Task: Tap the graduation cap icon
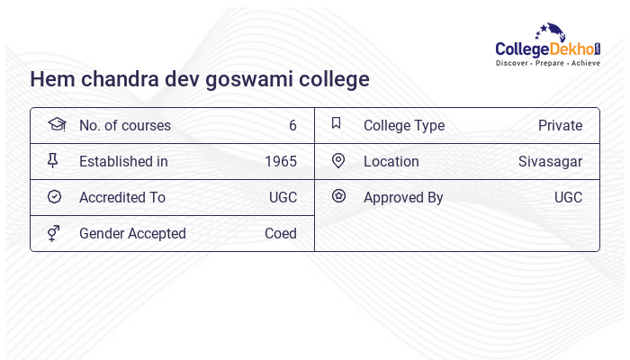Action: pyautogui.click(x=55, y=124)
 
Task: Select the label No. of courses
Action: pyautogui.click(x=124, y=125)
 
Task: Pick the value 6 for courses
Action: pyautogui.click(x=292, y=125)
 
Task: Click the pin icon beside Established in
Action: pyautogui.click(x=54, y=161)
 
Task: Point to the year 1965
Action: pyautogui.click(x=281, y=161)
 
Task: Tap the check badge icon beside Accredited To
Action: pyautogui.click(x=54, y=197)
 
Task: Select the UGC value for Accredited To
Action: pyautogui.click(x=283, y=197)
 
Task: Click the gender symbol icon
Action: pyautogui.click(x=54, y=233)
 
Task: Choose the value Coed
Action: pyautogui.click(x=281, y=233)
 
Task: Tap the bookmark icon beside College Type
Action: pyautogui.click(x=337, y=124)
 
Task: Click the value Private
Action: pyautogui.click(x=560, y=125)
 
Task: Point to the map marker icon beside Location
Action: pyautogui.click(x=338, y=161)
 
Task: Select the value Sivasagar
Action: pyautogui.click(x=550, y=161)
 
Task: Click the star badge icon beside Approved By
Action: pyautogui.click(x=338, y=196)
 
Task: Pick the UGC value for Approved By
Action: pyautogui.click(x=568, y=197)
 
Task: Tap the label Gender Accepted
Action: pyautogui.click(x=132, y=233)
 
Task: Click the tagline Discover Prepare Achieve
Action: pyautogui.click(x=547, y=64)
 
